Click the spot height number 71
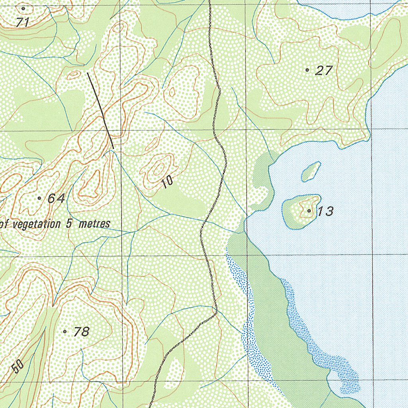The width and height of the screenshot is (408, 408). [x=23, y=23]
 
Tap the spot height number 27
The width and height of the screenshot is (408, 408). [x=324, y=71]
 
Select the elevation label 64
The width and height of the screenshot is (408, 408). [x=56, y=198]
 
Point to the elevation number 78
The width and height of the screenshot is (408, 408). [x=81, y=331]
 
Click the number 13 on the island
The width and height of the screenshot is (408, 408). [x=326, y=211]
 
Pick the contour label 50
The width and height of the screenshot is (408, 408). [x=17, y=366]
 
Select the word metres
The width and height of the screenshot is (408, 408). [x=94, y=224]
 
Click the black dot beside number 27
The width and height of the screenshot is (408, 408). [x=307, y=70]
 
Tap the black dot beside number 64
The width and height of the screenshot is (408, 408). [x=39, y=198]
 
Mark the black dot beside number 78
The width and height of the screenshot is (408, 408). [x=65, y=331]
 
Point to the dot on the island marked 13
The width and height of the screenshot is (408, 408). [x=309, y=210]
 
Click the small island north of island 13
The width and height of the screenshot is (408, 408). [x=311, y=172]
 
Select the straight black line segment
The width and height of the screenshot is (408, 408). [x=100, y=110]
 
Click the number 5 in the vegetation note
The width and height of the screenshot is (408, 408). [x=69, y=224]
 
